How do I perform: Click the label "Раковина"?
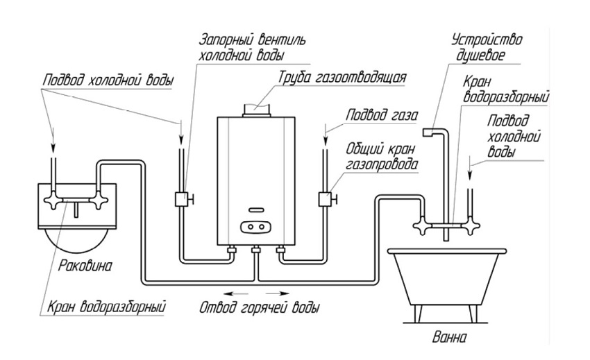click(x=85, y=266)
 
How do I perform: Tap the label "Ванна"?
click(x=449, y=336)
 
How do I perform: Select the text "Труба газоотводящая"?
click(x=342, y=78)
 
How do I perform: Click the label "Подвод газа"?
click(x=382, y=114)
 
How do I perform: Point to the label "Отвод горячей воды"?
click(x=260, y=307)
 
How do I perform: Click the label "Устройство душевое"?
click(x=487, y=47)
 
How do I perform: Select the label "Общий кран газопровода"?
click(x=382, y=156)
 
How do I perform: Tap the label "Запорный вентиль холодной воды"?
click(x=252, y=47)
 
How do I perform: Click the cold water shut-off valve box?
click(x=181, y=199)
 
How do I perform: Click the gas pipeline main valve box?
click(x=325, y=199)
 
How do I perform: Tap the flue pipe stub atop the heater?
click(x=256, y=110)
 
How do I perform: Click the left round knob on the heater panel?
click(x=250, y=227)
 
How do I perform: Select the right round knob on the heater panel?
click(x=261, y=227)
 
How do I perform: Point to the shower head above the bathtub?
click(x=428, y=132)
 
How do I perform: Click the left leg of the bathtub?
click(x=419, y=314)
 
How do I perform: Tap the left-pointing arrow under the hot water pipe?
click(x=235, y=293)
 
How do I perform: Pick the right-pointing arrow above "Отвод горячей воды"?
click(x=278, y=293)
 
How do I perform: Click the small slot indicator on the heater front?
click(x=256, y=209)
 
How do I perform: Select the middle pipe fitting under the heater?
click(x=256, y=250)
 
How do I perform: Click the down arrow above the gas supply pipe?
click(x=325, y=137)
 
